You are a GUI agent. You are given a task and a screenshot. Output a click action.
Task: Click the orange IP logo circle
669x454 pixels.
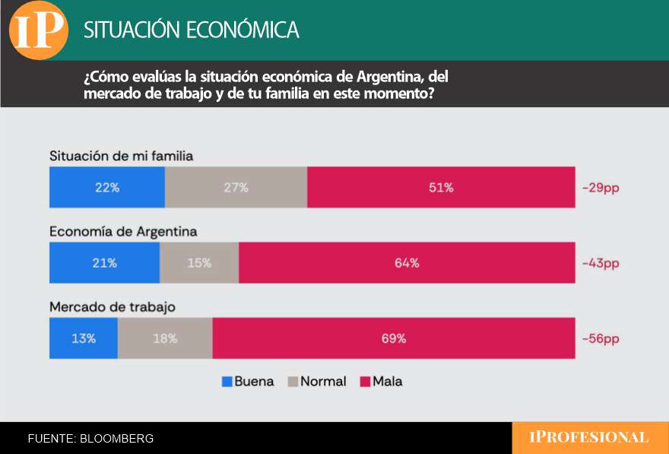tap(39, 30)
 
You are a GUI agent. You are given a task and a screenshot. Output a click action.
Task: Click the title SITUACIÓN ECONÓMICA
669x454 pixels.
tap(191, 30)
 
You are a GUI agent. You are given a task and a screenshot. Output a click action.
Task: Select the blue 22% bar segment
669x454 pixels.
tap(107, 187)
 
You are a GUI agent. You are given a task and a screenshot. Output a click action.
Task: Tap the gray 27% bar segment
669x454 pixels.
tap(236, 187)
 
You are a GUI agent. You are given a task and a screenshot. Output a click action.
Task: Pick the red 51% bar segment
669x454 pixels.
tap(441, 187)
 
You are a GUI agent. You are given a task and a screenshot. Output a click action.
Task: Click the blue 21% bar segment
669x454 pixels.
tap(104, 263)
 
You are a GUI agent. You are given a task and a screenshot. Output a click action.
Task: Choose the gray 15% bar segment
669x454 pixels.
tap(199, 263)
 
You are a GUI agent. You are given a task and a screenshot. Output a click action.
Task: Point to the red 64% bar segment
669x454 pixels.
tap(407, 263)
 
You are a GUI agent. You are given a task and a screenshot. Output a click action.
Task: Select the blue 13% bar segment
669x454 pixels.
tap(84, 338)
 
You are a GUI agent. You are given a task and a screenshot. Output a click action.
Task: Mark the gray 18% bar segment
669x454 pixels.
tap(165, 338)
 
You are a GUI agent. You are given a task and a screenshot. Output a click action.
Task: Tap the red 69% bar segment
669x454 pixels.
tap(394, 338)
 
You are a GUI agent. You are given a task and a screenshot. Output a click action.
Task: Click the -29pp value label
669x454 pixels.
tap(601, 188)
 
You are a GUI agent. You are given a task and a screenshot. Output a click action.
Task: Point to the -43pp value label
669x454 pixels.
tap(601, 263)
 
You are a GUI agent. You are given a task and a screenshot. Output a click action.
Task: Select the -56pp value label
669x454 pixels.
tap(601, 338)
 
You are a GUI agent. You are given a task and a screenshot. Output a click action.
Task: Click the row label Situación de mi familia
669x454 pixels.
tap(122, 156)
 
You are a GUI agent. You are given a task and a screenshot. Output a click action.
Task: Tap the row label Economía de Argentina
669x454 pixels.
tap(123, 231)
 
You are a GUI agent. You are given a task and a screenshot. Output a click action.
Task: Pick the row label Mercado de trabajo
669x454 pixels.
tap(113, 307)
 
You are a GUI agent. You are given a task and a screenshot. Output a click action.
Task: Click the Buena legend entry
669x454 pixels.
tap(248, 382)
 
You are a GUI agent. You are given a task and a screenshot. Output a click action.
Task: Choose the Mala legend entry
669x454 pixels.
tap(380, 382)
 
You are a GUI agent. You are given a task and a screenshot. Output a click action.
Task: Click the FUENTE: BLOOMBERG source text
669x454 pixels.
tap(90, 439)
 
